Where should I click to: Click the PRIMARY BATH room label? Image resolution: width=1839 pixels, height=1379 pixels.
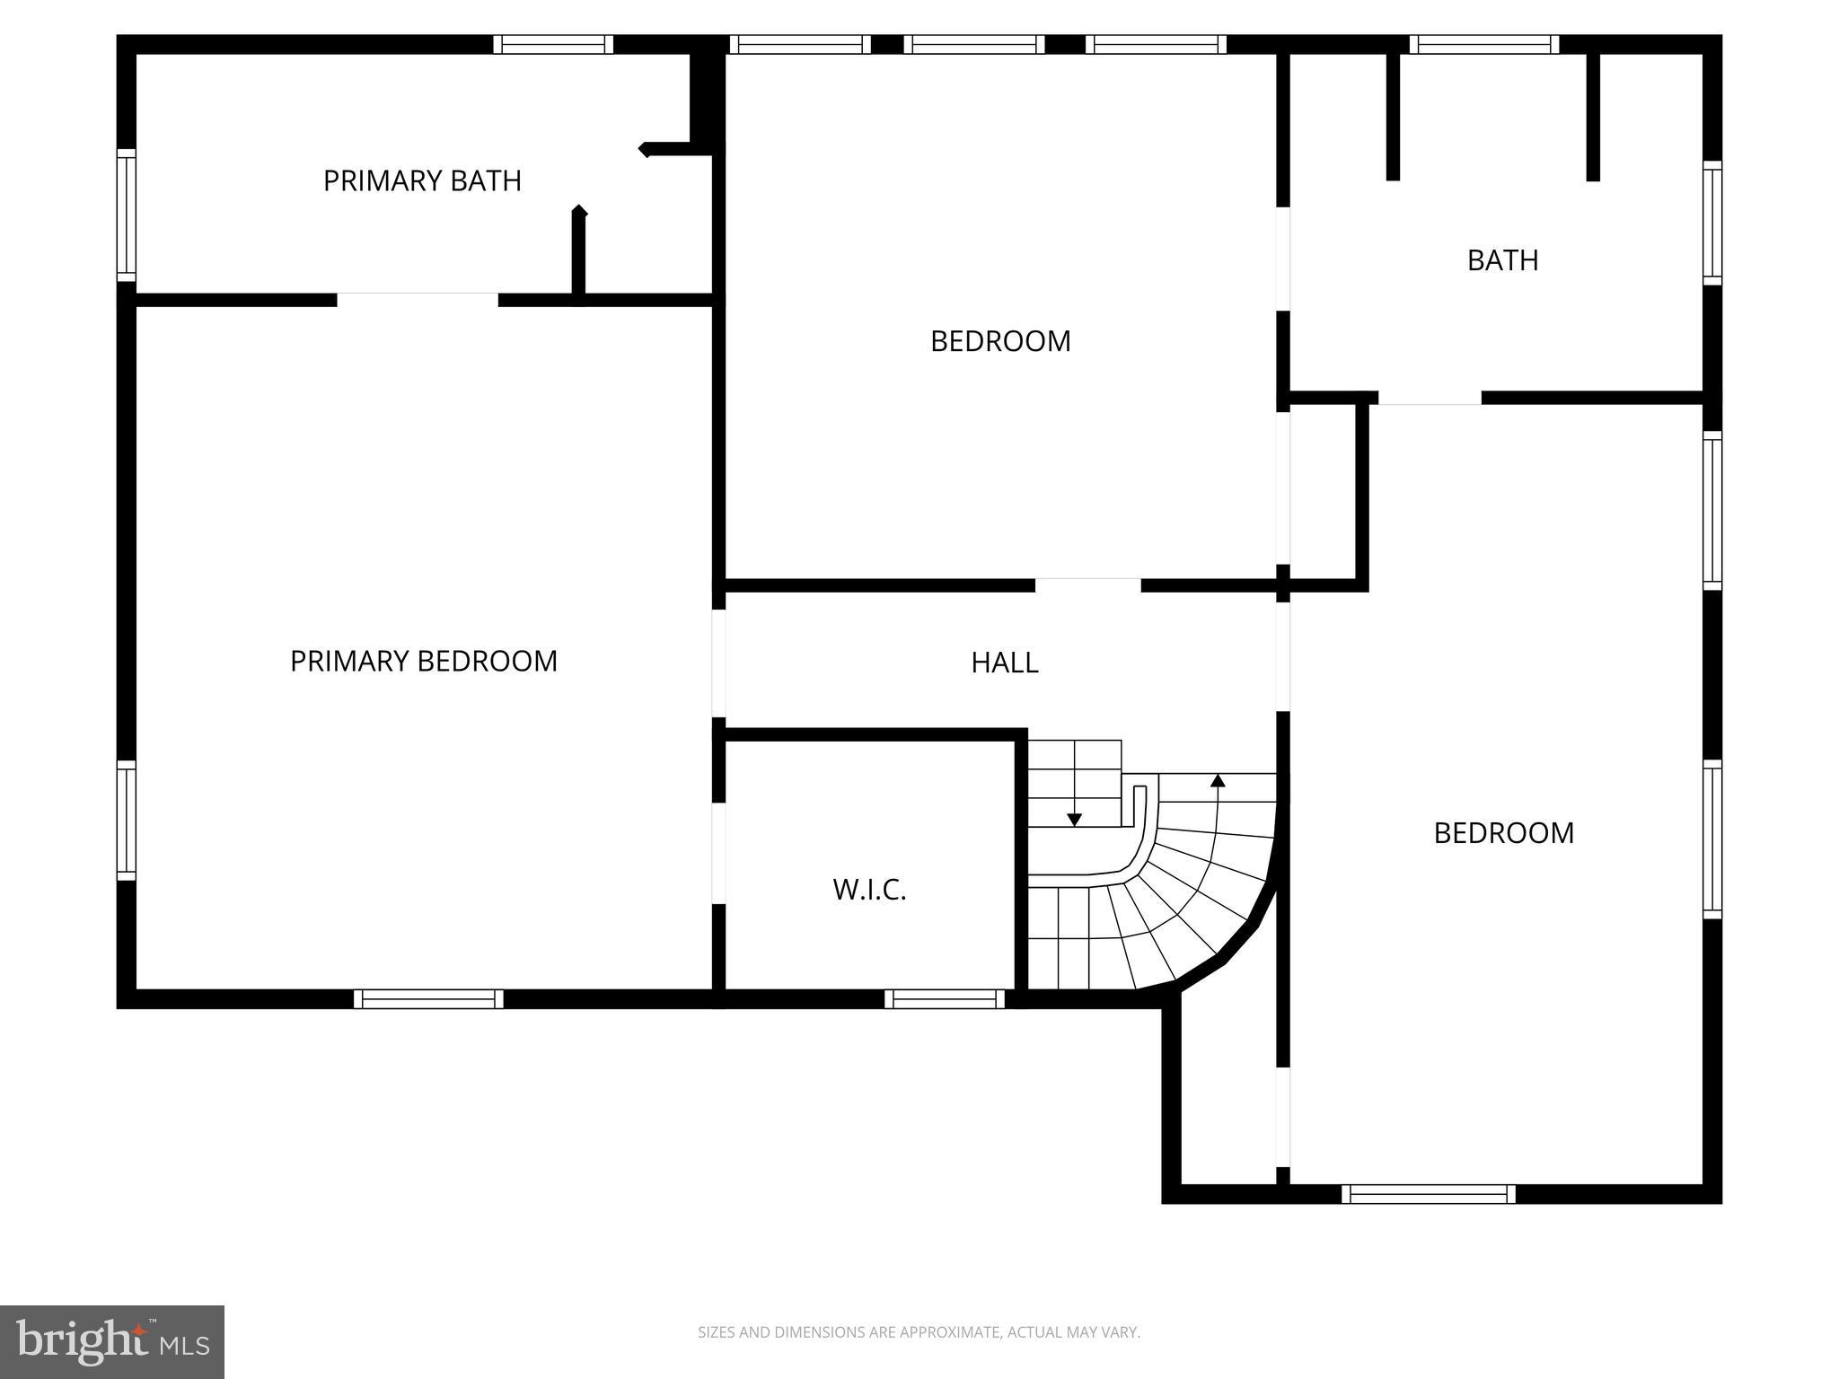[422, 180]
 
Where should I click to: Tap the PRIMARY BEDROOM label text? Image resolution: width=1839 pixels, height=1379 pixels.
[424, 661]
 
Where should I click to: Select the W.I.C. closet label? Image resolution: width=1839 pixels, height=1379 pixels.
[869, 890]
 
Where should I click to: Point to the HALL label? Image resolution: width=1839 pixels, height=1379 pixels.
[1005, 663]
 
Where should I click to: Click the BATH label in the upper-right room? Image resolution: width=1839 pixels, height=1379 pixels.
[1502, 260]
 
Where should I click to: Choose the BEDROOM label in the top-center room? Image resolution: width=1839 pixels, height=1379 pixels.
[1000, 341]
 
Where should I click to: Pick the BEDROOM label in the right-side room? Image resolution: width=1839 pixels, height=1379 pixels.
[1503, 833]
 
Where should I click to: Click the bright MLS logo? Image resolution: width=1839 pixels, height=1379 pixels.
[112, 1342]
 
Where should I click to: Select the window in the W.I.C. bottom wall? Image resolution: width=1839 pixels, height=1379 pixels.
[945, 999]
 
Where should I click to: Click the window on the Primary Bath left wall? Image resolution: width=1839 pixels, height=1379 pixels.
[127, 215]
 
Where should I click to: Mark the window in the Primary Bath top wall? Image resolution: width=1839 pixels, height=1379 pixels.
[553, 44]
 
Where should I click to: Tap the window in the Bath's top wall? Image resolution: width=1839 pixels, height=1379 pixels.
[1484, 44]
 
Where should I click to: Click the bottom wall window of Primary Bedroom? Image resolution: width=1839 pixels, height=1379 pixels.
[428, 999]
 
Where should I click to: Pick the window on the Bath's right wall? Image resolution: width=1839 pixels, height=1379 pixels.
[1713, 224]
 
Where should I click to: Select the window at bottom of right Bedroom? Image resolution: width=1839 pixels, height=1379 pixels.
[1429, 1194]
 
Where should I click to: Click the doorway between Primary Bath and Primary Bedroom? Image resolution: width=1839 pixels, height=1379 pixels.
[418, 300]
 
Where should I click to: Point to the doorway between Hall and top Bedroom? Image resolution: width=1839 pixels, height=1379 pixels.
[1088, 585]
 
